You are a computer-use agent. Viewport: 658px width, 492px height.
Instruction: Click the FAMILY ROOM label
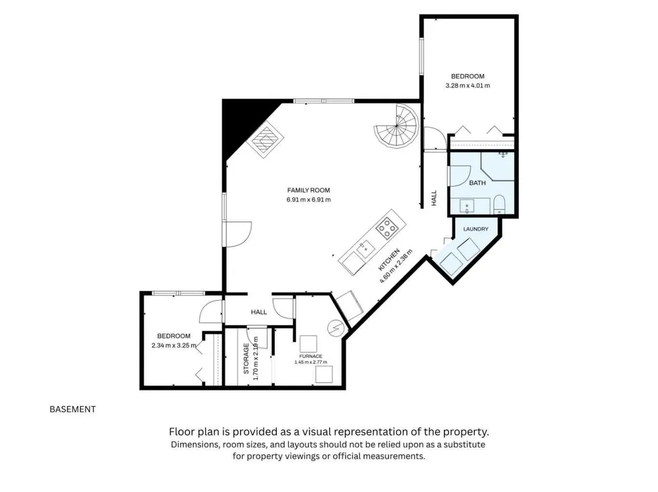[x=308, y=190]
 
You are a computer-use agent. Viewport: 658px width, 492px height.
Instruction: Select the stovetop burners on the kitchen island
[x=386, y=228]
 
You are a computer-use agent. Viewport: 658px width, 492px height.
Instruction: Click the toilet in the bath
[x=499, y=204]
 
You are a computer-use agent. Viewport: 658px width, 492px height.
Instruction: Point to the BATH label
[x=477, y=183]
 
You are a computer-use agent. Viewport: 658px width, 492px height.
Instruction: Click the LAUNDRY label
[x=476, y=229]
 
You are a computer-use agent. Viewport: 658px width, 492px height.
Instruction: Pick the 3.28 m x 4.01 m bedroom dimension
[x=468, y=85]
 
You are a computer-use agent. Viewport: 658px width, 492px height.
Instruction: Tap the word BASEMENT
[x=73, y=409]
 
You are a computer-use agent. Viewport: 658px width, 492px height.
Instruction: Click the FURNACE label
[x=310, y=356]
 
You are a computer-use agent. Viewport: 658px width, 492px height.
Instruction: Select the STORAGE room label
[x=246, y=358]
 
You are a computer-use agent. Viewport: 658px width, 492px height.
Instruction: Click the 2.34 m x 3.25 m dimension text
[x=173, y=346]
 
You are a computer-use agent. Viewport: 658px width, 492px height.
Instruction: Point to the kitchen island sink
[x=366, y=249]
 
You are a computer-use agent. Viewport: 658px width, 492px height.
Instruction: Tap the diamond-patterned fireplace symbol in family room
[x=265, y=139]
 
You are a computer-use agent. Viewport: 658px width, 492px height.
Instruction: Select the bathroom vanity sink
[x=467, y=206]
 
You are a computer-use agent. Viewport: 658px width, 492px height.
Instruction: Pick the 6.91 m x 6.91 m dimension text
[x=308, y=200]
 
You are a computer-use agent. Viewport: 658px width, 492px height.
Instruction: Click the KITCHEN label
[x=389, y=259]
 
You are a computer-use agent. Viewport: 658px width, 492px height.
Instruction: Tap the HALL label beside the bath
[x=434, y=198]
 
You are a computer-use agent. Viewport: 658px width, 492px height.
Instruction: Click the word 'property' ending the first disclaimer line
[x=465, y=432]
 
